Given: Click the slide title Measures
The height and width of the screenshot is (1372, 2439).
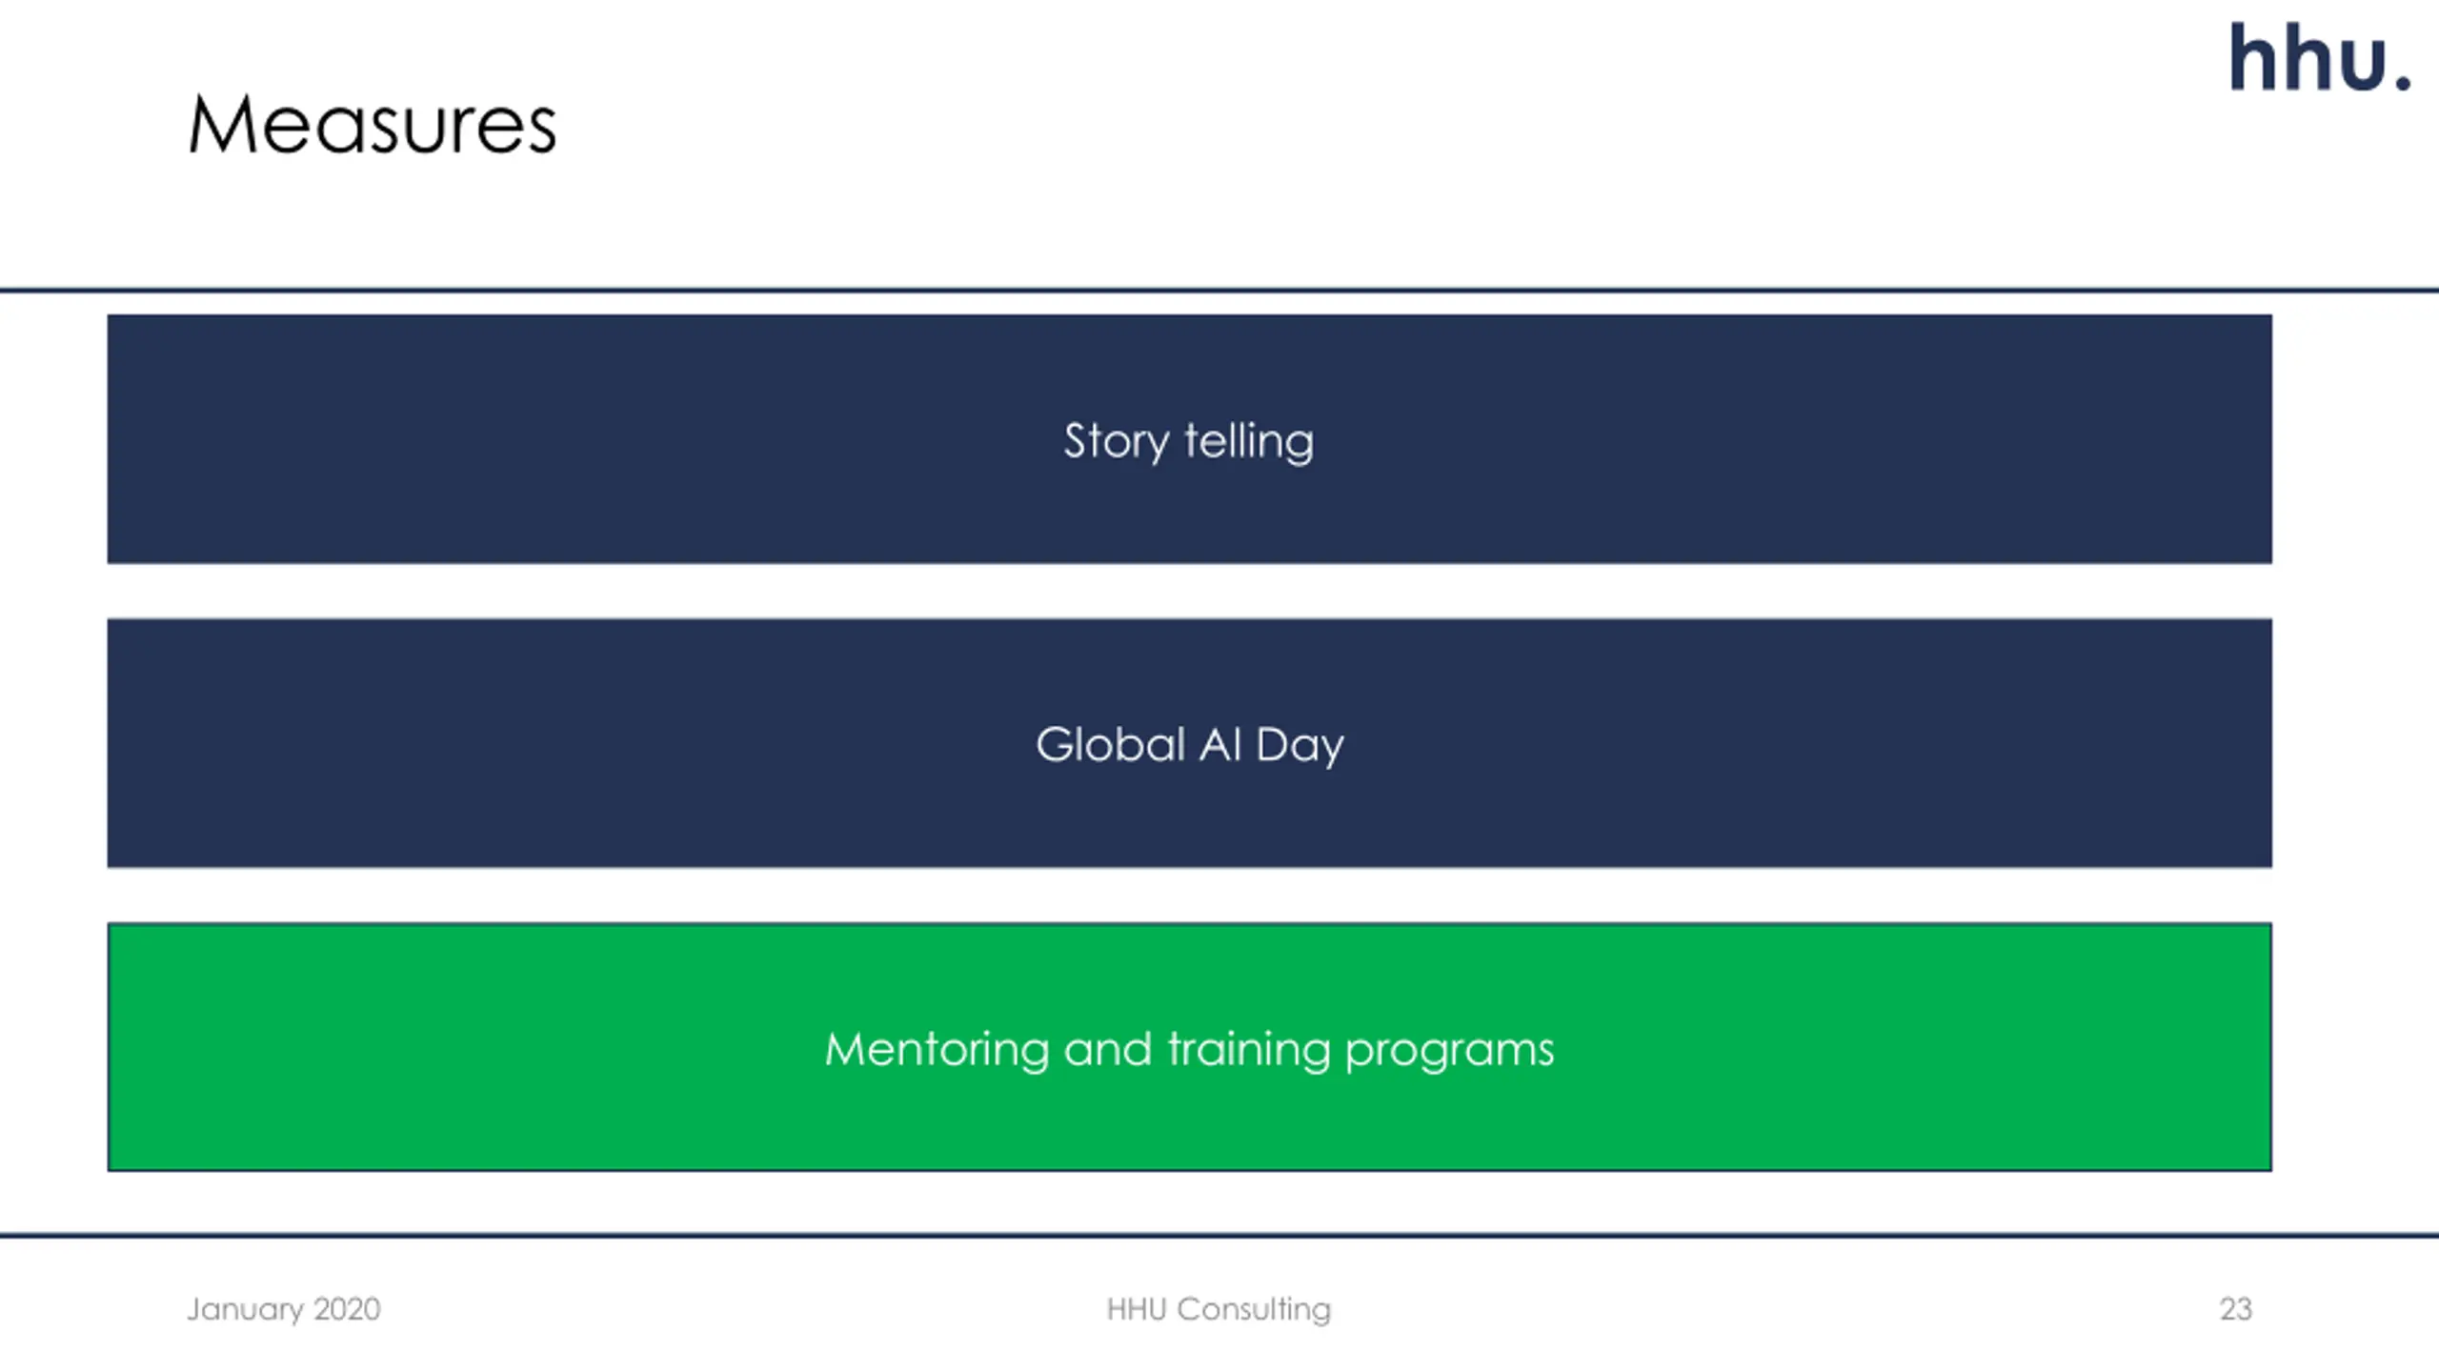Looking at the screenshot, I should click(372, 125).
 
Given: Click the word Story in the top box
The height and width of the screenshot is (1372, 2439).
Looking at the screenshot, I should click(1116, 441).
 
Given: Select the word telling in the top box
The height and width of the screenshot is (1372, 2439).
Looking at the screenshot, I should click(1249, 441).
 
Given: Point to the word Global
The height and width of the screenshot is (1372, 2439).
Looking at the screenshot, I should click(1110, 744).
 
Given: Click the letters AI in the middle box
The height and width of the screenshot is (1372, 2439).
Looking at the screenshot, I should click(1220, 744).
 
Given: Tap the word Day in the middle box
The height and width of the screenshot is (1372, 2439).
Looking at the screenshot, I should click(1300, 746).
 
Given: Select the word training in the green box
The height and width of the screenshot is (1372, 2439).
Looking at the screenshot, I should click(1249, 1051).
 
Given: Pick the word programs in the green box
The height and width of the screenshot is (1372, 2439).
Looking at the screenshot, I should click(1449, 1051).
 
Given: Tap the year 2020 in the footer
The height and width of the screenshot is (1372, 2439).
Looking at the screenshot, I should click(348, 1309).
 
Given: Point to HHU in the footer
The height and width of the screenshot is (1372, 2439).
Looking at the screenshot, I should click(1136, 1309).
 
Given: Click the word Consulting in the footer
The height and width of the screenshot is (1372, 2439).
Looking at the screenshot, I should click(1254, 1310).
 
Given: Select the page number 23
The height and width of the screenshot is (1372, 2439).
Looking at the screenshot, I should click(2235, 1309).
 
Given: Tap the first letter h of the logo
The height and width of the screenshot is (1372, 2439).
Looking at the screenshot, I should click(2256, 59).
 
